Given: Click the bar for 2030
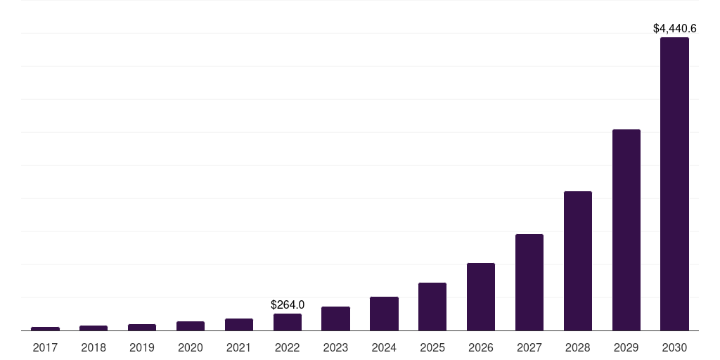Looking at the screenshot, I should pos(674,184).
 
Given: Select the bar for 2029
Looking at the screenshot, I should pos(626,230).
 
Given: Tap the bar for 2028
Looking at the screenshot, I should pos(577,261).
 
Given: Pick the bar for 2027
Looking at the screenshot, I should pos(529,282).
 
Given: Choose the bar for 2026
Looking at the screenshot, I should pos(481,297).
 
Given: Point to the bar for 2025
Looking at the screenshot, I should pos(432,307).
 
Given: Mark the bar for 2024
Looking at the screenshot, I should pos(384,314).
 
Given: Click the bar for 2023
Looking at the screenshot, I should pos(335,319).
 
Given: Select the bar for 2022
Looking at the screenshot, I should pos(288,322).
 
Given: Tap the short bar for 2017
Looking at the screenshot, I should pos(45,328).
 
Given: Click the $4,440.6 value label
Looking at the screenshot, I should pos(674,29).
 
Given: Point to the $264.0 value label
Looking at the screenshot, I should pos(288,304).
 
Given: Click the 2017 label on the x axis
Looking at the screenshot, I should pos(45,347).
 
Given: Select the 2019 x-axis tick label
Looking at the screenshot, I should pos(142,347).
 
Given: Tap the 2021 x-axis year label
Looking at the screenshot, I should pos(239,347).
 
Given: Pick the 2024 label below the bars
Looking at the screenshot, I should pos(384,347).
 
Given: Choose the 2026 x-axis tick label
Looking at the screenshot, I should pos(481,347).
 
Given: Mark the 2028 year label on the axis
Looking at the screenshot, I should pos(577,347).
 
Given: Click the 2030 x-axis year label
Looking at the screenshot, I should pos(674,347).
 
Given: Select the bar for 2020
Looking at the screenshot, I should pos(191,326).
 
